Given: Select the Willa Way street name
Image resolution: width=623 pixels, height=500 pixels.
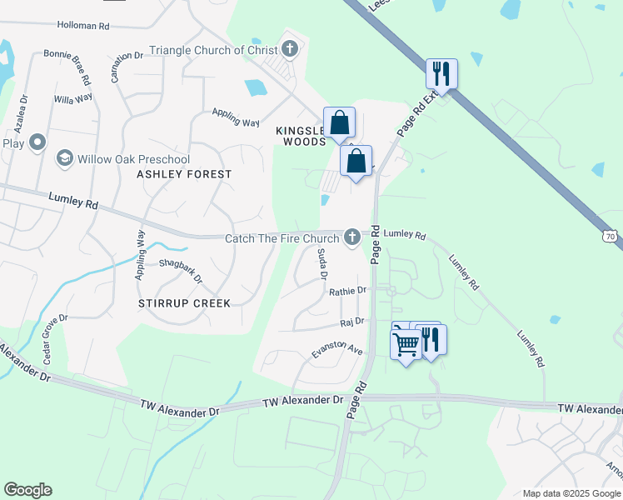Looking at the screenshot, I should pos(73,98).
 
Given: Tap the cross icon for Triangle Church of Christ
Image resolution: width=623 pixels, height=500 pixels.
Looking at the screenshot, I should pos(290,49).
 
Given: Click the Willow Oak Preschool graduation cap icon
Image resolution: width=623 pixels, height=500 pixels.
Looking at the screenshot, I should pos(63,158).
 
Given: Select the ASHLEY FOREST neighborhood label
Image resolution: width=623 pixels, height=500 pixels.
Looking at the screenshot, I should pos(184,174).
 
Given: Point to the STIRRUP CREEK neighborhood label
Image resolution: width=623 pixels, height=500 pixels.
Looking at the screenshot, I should pos(184,303).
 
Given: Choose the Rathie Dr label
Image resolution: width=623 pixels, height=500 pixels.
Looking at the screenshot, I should pos(347,291).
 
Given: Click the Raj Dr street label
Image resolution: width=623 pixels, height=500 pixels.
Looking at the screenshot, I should pos(353,321).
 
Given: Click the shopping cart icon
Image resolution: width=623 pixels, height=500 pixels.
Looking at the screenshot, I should pos(406,342).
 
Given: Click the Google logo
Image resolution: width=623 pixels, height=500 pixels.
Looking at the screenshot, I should pos(27,490).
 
